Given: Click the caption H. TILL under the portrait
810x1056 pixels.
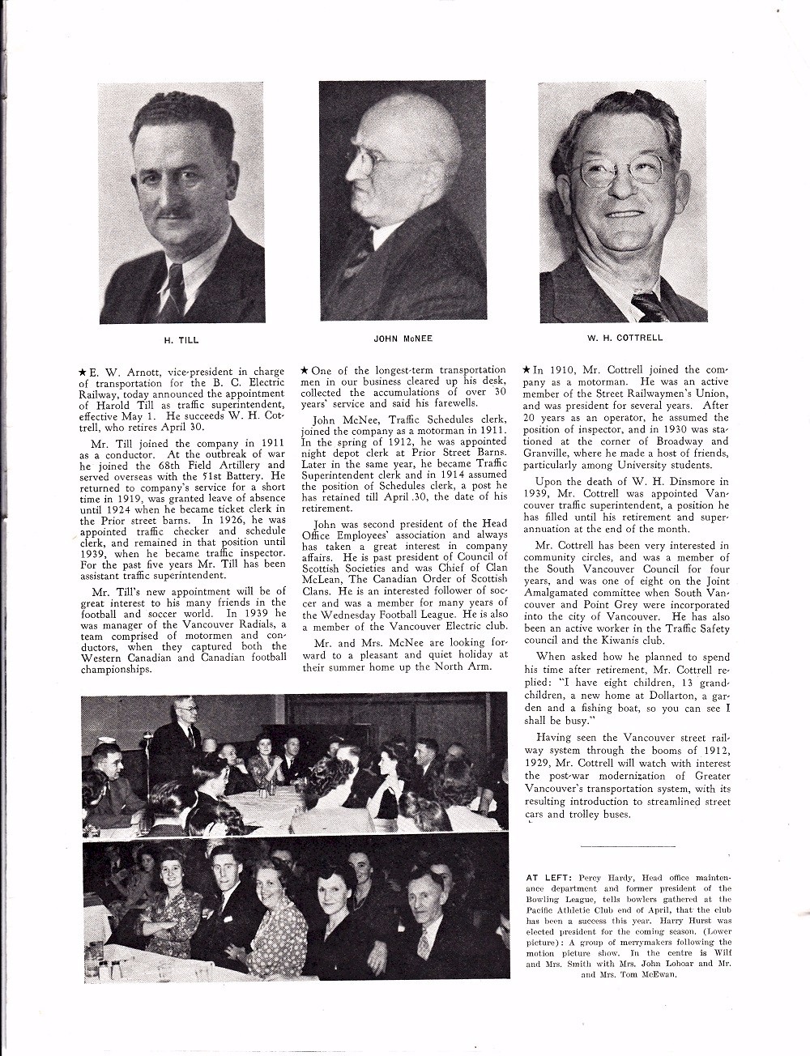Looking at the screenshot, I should (x=181, y=340).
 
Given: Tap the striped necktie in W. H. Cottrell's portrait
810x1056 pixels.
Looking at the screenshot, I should (x=650, y=306).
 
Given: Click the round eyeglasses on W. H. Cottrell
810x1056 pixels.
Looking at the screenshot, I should (x=617, y=172).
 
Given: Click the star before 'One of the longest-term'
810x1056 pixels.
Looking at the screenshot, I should (x=305, y=371).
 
